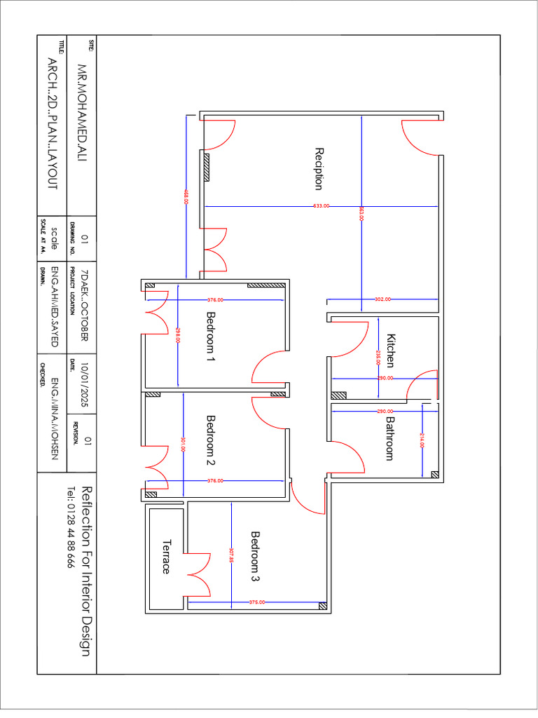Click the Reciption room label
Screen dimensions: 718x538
point(319,169)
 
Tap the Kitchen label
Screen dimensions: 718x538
point(391,350)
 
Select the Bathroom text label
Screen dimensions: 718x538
point(390,438)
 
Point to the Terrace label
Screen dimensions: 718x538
point(166,556)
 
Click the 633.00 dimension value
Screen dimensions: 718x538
point(322,206)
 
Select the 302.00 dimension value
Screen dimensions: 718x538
point(382,299)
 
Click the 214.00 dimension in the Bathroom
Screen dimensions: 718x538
point(423,441)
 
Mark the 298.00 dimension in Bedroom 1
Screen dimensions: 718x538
point(179,335)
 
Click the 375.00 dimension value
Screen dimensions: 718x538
point(256,602)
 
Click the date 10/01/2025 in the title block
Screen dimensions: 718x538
point(85,385)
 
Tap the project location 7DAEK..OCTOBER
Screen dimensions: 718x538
point(85,305)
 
